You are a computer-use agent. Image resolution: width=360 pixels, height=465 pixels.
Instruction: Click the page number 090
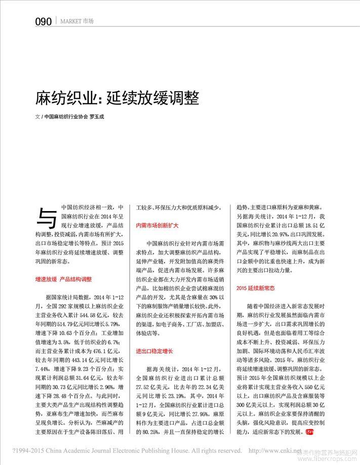(44, 21)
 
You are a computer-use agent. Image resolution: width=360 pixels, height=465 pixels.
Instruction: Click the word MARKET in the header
(70, 21)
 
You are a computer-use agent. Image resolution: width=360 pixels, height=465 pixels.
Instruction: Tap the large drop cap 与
(47, 217)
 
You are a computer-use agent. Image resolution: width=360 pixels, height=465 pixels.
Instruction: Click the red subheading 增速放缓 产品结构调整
(63, 279)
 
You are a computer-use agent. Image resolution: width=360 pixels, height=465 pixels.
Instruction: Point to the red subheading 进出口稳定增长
(154, 351)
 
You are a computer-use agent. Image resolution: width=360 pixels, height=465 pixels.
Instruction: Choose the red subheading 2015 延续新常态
(256, 288)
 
